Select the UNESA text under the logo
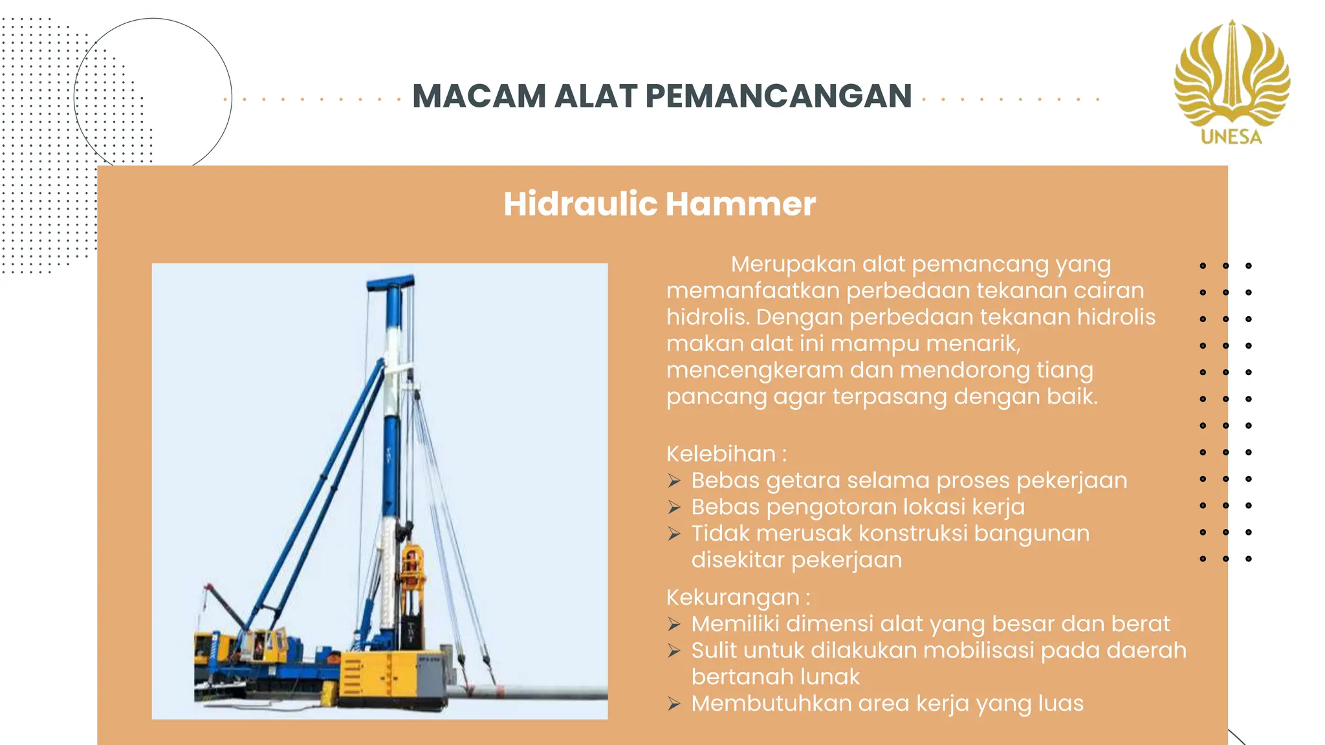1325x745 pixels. tap(1231, 137)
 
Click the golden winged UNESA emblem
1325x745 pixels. tap(1232, 74)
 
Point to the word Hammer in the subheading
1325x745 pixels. tap(741, 204)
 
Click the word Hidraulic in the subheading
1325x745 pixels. tap(580, 204)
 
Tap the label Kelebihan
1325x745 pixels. tap(721, 454)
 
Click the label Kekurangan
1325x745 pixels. tap(733, 598)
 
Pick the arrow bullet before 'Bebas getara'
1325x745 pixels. tap(674, 481)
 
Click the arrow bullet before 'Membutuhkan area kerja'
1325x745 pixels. tap(674, 704)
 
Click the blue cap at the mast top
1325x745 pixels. tap(390, 283)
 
